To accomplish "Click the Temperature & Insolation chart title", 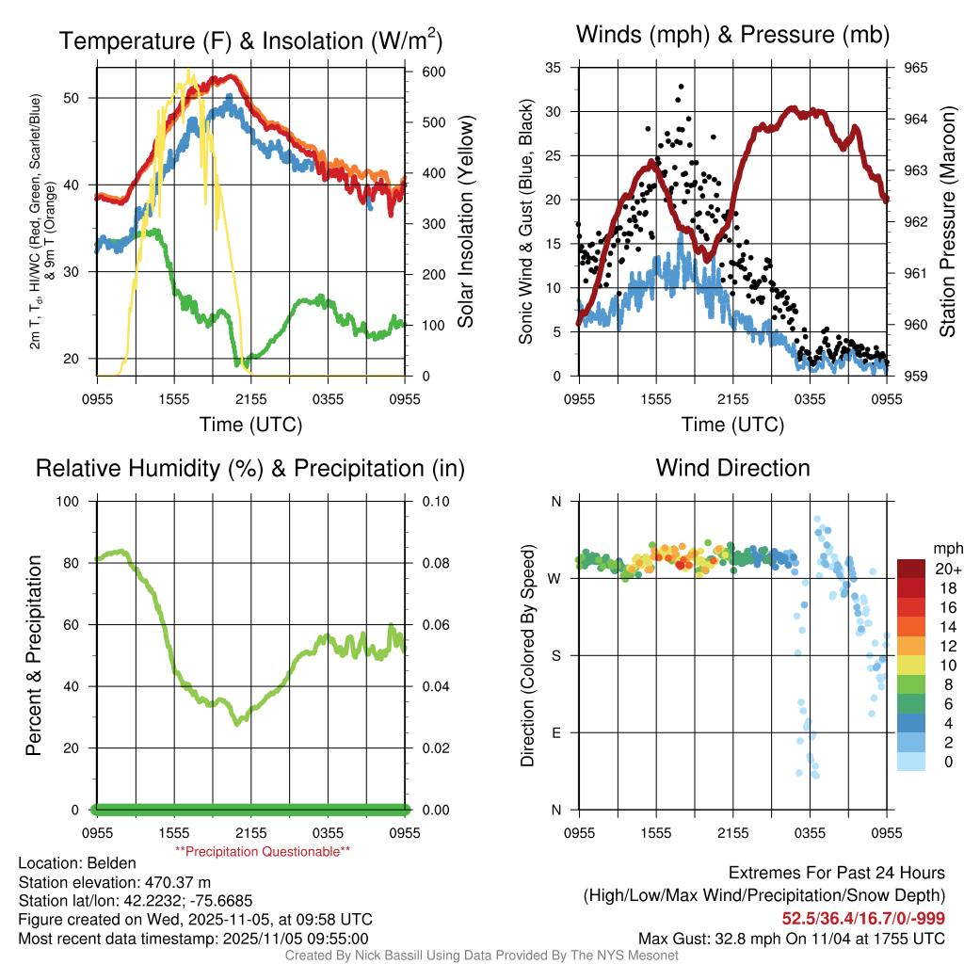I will pyautogui.click(x=250, y=40).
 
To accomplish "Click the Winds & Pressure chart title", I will pyautogui.click(x=732, y=35).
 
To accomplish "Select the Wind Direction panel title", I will pyautogui.click(x=732, y=468).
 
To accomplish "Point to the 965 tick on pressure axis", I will pyautogui.click(x=915, y=68).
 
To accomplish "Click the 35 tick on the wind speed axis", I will pyautogui.click(x=554, y=68).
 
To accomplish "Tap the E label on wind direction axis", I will pyautogui.click(x=555, y=732).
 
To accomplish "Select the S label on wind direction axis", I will pyautogui.click(x=555, y=655).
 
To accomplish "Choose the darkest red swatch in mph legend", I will pyautogui.click(x=911, y=569).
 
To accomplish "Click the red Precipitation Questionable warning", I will pyautogui.click(x=263, y=851).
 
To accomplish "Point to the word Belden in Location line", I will pyautogui.click(x=114, y=863).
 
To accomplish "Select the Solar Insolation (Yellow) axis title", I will pyautogui.click(x=464, y=222).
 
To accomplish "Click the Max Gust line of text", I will pyautogui.click(x=792, y=938).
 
